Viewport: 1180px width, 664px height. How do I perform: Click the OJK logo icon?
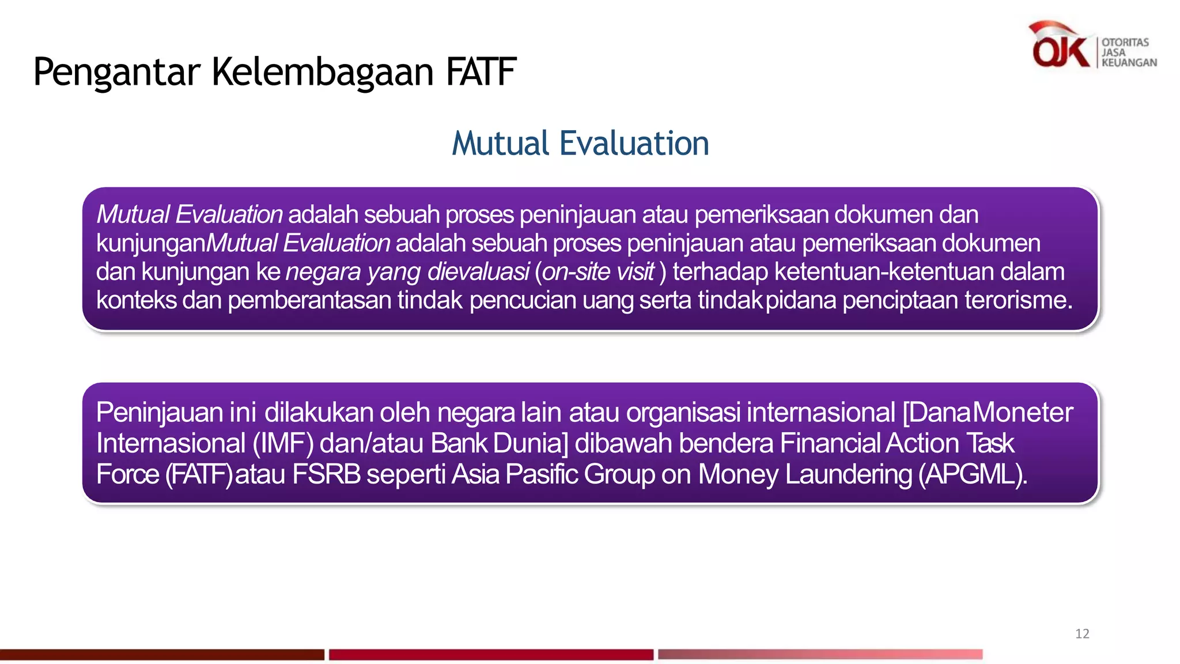(x=1059, y=46)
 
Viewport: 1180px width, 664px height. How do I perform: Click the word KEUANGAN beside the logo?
(x=1129, y=63)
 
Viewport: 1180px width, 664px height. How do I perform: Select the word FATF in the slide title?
(x=481, y=72)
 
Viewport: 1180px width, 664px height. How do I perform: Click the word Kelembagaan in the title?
(x=323, y=72)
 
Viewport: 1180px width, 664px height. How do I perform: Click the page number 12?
(x=1082, y=634)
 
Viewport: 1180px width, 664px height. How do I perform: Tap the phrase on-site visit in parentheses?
(x=598, y=272)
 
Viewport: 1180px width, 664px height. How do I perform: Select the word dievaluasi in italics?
(x=478, y=272)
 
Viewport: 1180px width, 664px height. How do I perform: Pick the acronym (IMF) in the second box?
(x=283, y=443)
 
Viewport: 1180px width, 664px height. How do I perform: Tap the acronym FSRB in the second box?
(x=326, y=474)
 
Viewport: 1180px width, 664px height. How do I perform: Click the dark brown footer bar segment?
(x=162, y=655)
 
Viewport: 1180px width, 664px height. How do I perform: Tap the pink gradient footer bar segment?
(x=820, y=655)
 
